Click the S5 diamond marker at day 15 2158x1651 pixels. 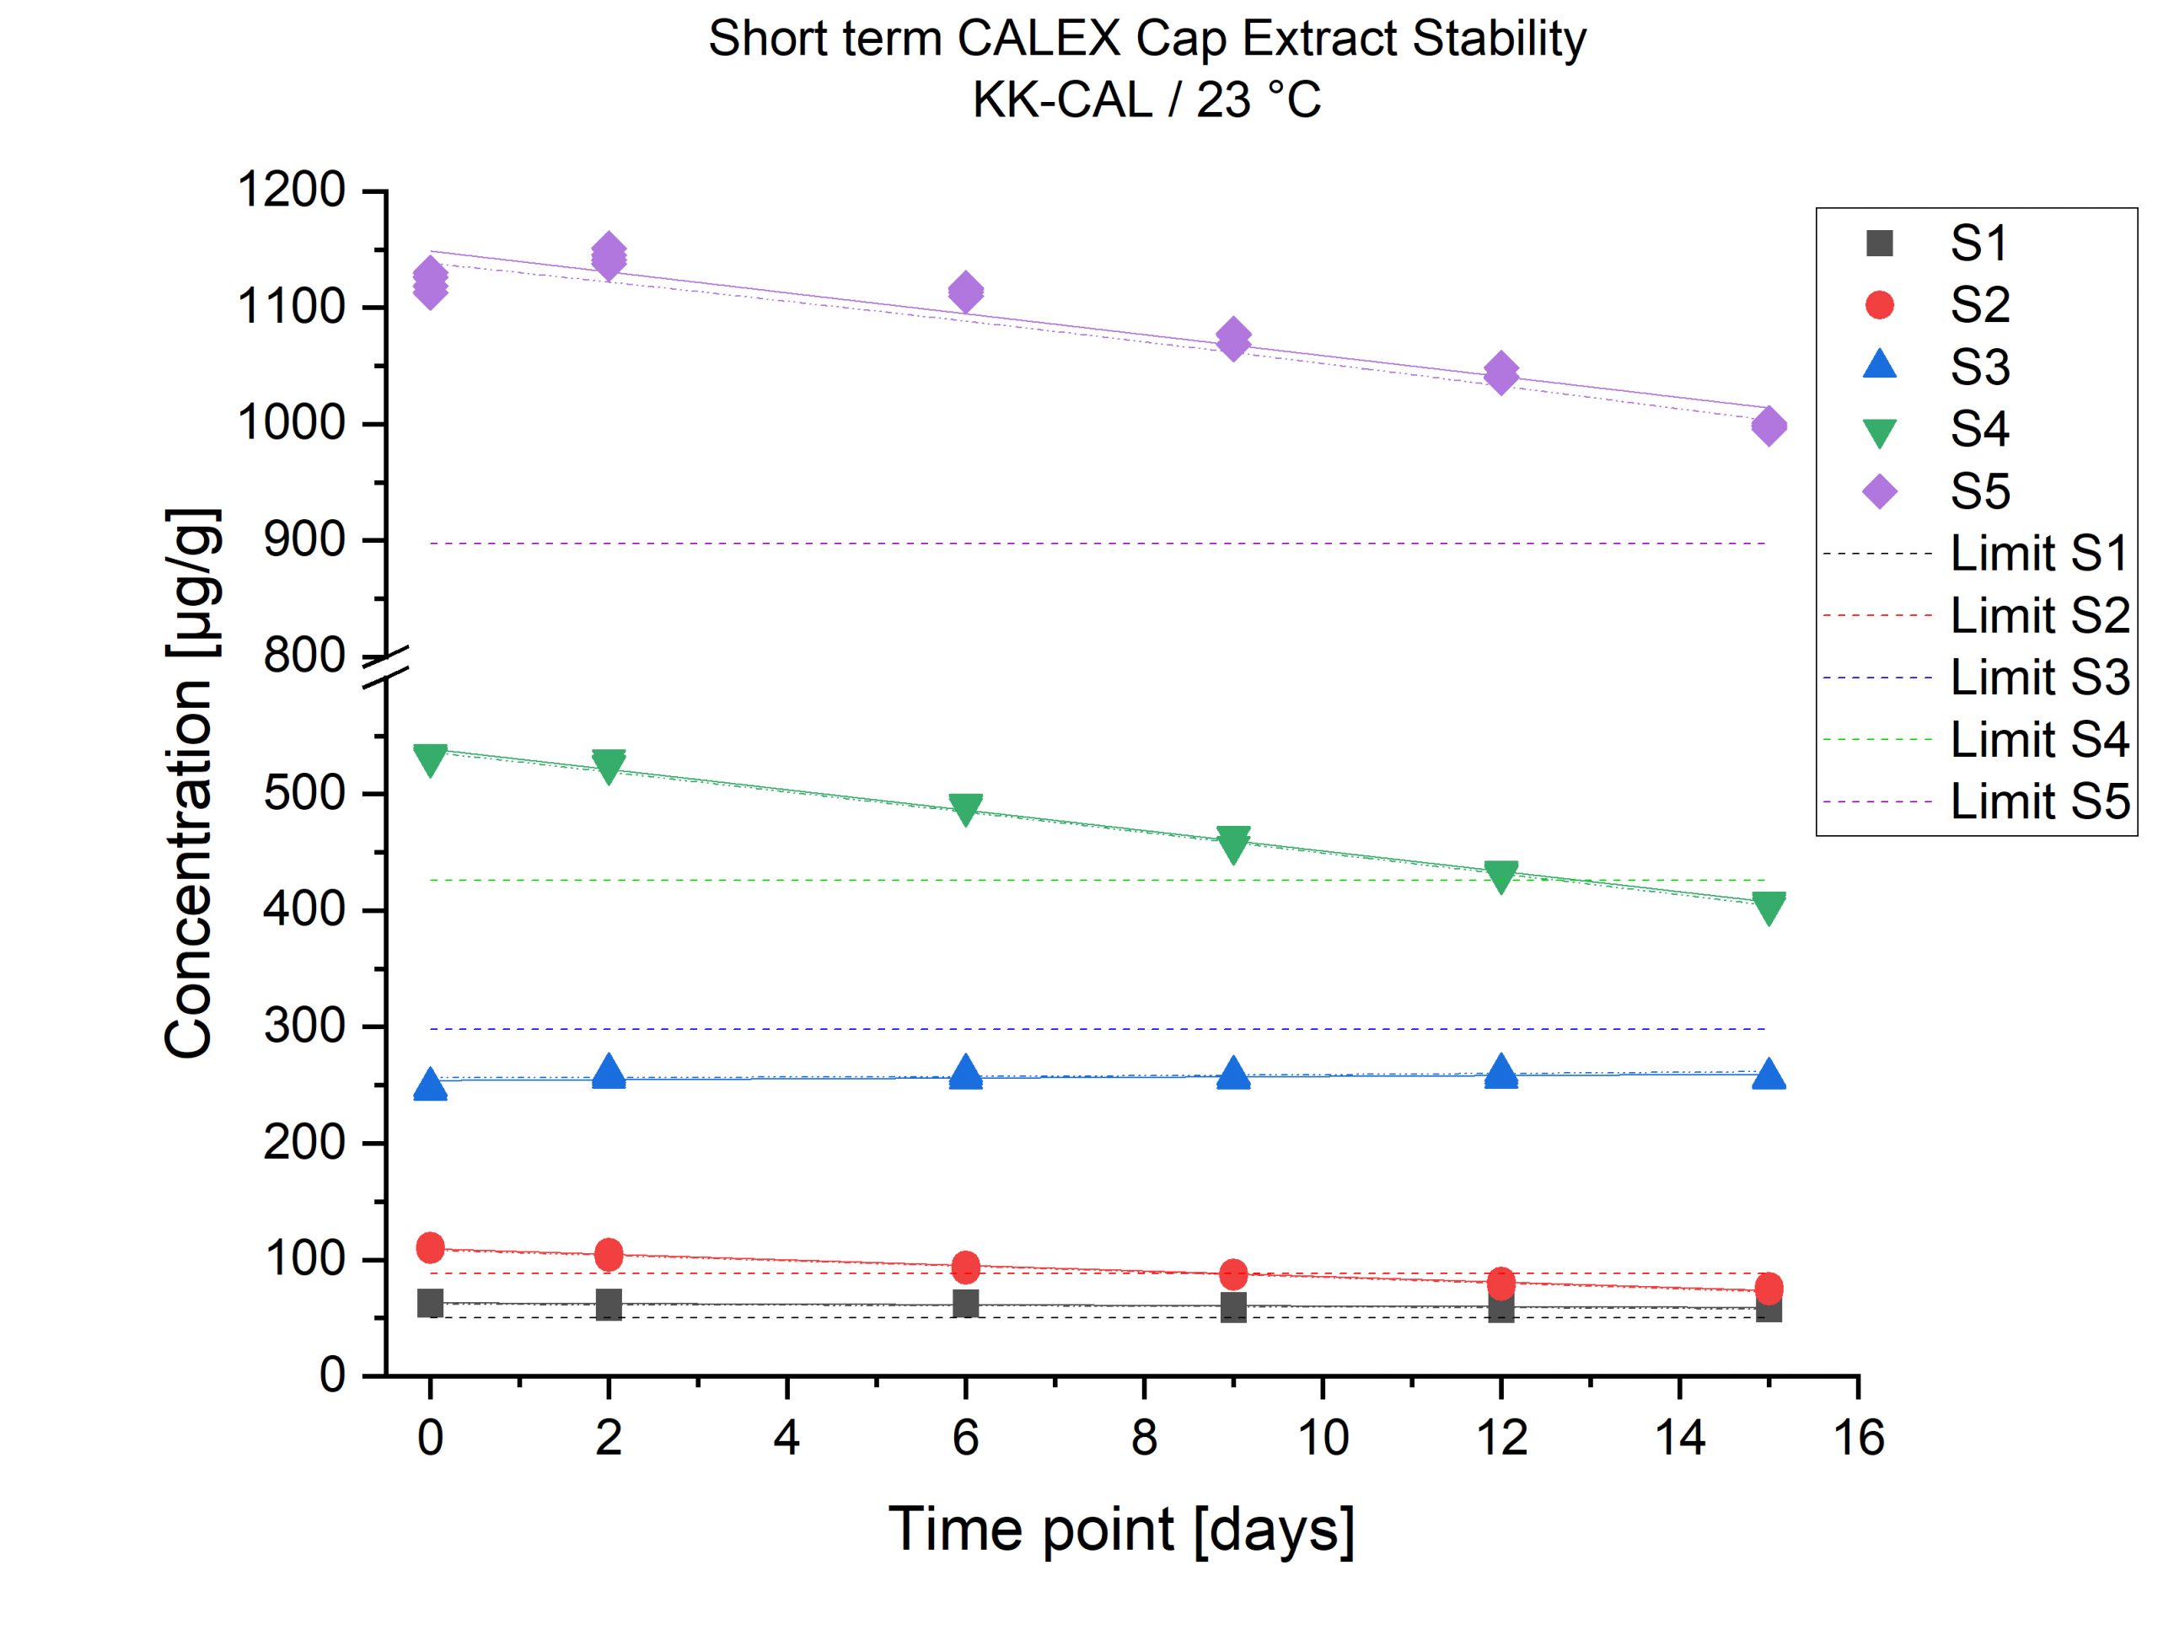[x=1768, y=426]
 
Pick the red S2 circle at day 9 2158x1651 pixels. [x=1233, y=1274]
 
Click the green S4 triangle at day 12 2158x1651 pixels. [x=1500, y=876]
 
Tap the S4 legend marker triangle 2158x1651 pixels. [x=1879, y=432]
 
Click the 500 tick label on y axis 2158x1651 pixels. [x=303, y=793]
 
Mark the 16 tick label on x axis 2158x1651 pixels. [x=1858, y=1439]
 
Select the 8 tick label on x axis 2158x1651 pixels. [x=1144, y=1439]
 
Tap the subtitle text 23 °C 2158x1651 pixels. [x=1258, y=100]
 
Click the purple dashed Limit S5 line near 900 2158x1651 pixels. [x=1081, y=544]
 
